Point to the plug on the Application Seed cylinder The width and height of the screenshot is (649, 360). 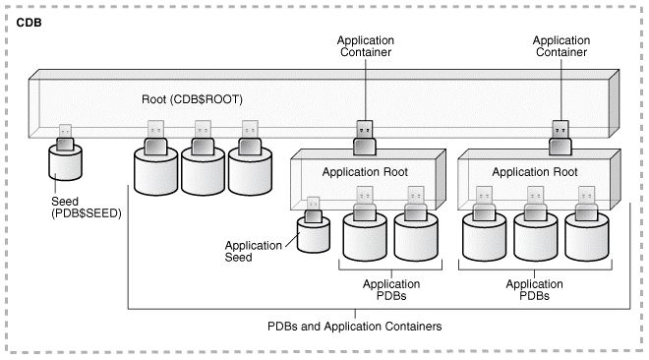(314, 210)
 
